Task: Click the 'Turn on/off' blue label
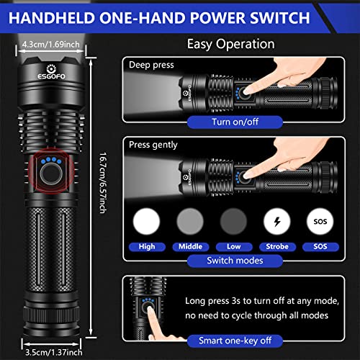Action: click(230, 122)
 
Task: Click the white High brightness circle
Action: click(147, 219)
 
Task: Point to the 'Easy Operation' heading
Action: click(230, 44)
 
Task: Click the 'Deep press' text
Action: click(151, 65)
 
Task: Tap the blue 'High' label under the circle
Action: click(147, 246)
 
